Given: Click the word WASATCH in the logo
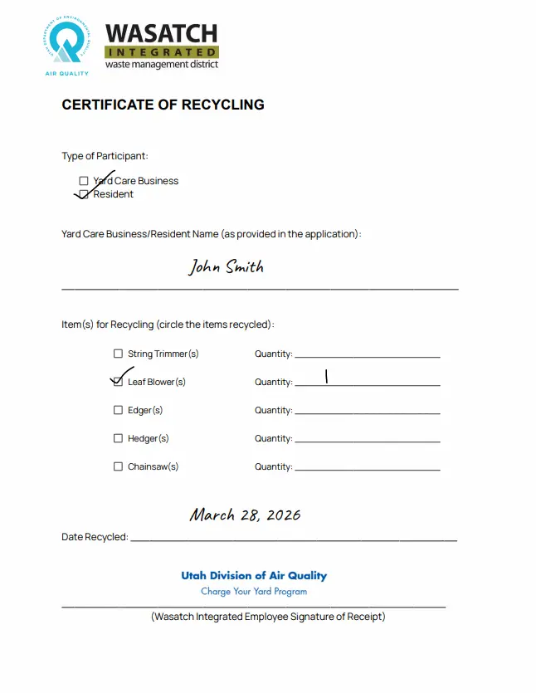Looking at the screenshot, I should tap(161, 33).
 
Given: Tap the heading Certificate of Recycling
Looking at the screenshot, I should tap(163, 105).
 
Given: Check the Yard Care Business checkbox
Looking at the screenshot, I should tap(84, 181).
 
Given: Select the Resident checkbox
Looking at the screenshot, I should tap(84, 194).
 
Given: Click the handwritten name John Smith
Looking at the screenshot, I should tap(226, 266).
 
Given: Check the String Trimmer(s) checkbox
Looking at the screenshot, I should tap(118, 354).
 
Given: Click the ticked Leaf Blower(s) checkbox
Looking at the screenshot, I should tap(118, 382).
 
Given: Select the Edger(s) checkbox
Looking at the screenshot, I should tap(118, 410).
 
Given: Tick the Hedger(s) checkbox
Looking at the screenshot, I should tap(118, 438).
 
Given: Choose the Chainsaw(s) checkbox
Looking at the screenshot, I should tap(118, 466).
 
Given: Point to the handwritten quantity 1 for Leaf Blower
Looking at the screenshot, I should tap(327, 377).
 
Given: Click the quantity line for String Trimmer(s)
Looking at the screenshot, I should tap(367, 356).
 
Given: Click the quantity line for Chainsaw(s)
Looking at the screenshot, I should tap(367, 469).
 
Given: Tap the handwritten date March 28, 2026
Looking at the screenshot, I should tap(245, 515).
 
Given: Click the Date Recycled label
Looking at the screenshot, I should tap(94, 537).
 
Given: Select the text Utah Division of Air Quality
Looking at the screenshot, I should tap(254, 576).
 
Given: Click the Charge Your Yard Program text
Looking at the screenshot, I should tap(254, 592).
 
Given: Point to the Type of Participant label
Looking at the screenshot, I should tap(105, 156).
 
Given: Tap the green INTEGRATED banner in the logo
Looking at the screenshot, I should tap(162, 51).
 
